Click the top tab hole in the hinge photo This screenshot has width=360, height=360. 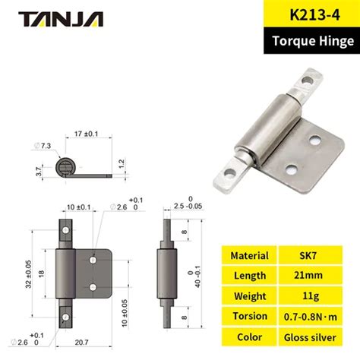(x=308, y=80)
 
